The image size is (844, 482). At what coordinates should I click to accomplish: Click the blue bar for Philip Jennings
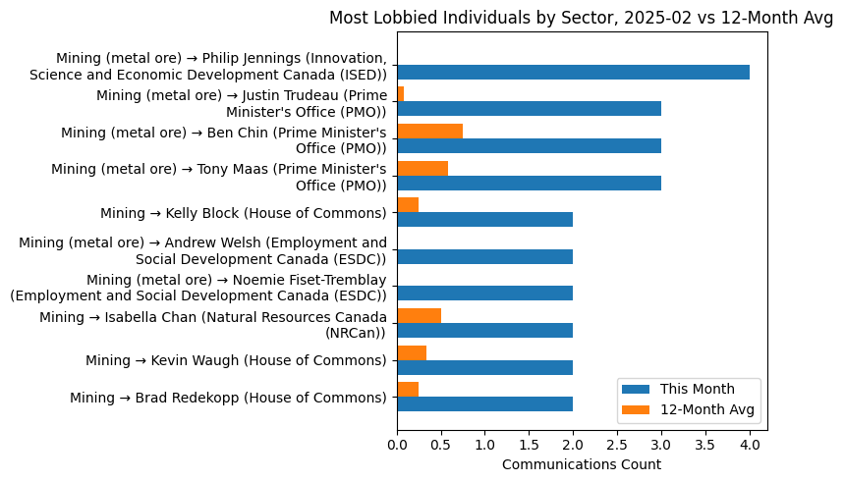[x=573, y=72]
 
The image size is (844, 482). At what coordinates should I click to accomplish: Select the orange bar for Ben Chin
[x=429, y=132]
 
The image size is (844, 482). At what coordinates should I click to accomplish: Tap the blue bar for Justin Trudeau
[x=529, y=109]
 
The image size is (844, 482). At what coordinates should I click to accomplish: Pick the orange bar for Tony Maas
[x=422, y=168]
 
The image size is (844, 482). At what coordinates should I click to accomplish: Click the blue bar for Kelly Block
[x=484, y=220]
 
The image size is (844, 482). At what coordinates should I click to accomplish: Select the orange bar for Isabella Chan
[x=419, y=316]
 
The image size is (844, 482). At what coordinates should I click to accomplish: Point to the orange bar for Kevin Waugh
[x=412, y=352]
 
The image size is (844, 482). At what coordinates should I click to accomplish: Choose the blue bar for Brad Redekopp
[x=484, y=404]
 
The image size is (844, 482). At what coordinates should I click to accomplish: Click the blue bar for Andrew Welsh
[x=484, y=256]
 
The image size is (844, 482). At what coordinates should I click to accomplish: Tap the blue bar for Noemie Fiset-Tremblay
[x=484, y=294]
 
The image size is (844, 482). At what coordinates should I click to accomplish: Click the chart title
[x=581, y=18]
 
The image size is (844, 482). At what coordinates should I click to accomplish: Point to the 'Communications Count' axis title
[x=581, y=464]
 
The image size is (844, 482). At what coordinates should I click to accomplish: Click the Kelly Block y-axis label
[x=243, y=213]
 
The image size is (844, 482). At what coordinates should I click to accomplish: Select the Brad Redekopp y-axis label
[x=228, y=398]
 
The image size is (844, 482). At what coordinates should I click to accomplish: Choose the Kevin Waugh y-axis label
[x=236, y=360]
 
